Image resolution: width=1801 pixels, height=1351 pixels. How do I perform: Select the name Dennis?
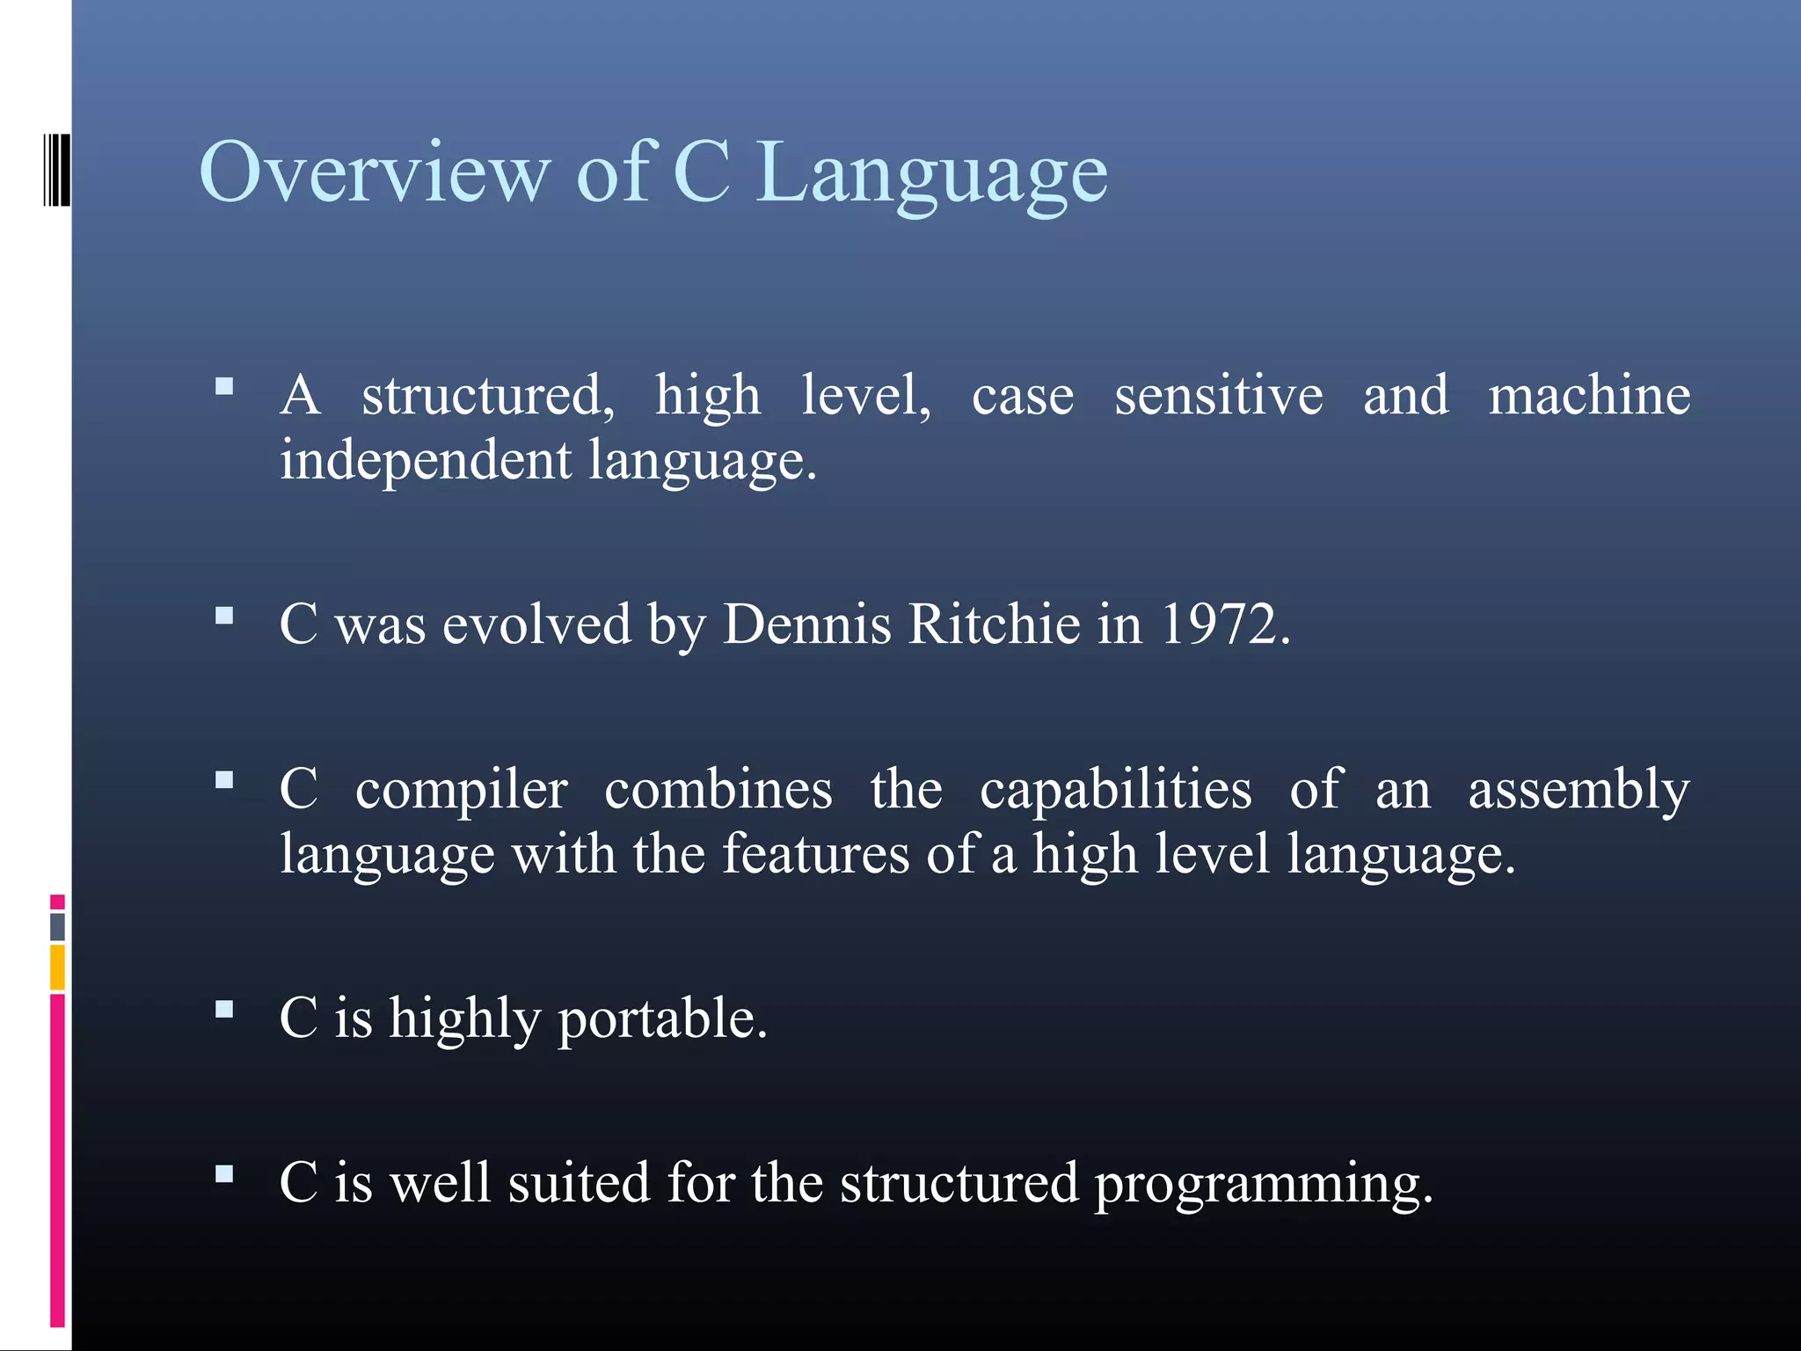coord(806,625)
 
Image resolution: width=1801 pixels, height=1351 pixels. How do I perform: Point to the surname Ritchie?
coord(994,625)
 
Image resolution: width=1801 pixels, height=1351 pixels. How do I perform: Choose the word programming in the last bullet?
coord(1263,1184)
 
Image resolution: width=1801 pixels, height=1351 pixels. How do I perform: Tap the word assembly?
coord(1579,790)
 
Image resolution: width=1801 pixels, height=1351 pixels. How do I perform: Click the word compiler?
coord(461,790)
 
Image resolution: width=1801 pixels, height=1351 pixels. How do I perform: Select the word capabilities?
coord(1115,790)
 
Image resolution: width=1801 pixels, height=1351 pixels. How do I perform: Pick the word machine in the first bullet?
coord(1589,396)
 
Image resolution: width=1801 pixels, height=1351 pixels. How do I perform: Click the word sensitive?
coord(1218,396)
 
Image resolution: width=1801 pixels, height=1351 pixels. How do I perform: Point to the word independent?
coord(426,461)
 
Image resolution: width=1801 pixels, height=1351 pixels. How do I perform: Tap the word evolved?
coord(536,625)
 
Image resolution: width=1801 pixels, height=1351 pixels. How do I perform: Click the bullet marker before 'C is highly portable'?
coord(224,1009)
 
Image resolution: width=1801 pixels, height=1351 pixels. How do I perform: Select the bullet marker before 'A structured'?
coord(224,386)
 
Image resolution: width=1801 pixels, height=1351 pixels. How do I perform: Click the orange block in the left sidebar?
coord(57,967)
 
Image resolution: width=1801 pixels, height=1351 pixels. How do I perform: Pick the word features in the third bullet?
coord(815,854)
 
